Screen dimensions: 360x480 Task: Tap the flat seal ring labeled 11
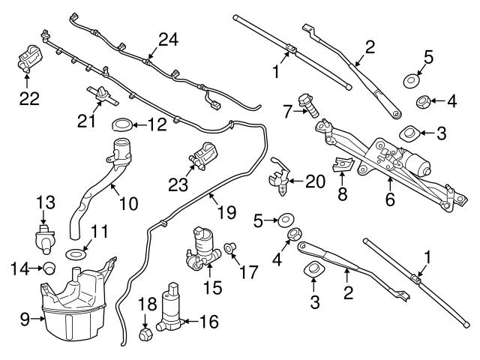pyautogui.click(x=74, y=255)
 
